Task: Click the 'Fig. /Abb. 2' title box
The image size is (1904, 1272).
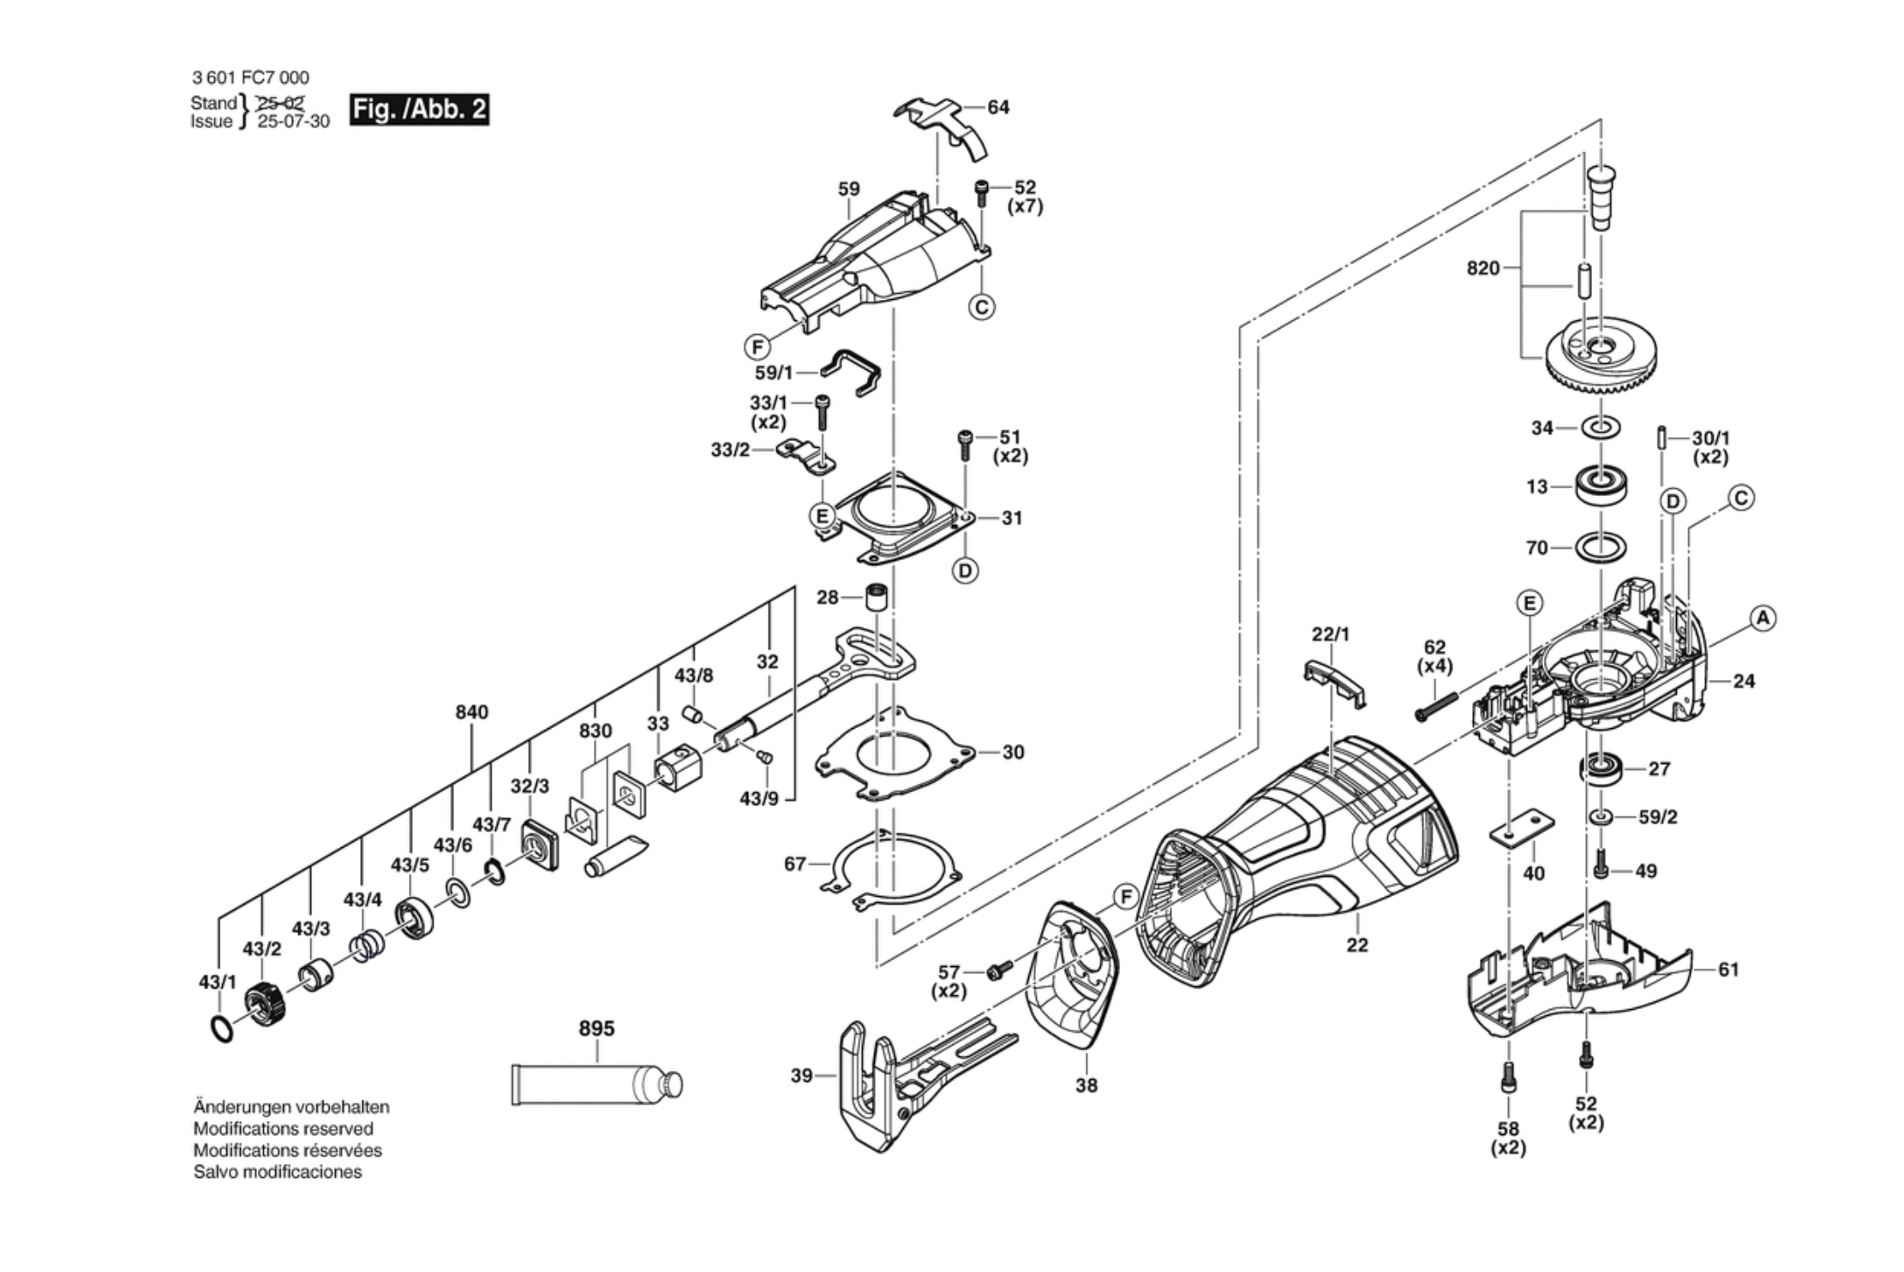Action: point(419,110)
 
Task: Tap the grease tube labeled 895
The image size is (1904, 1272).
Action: point(596,1085)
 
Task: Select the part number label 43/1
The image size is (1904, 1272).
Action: point(217,982)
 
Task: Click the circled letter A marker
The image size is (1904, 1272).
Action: point(1763,618)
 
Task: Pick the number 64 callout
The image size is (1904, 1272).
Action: point(998,107)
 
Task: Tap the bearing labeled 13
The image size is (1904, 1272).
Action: point(1601,486)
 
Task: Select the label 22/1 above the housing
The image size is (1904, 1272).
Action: point(1330,634)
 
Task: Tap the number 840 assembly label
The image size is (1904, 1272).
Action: point(471,712)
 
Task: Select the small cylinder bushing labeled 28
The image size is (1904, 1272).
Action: point(875,596)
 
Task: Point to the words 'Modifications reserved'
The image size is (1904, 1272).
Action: point(283,1129)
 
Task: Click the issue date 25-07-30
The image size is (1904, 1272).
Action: point(294,122)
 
